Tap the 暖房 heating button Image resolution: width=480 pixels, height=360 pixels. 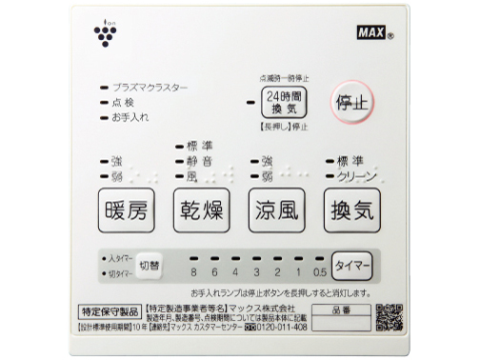[126, 209]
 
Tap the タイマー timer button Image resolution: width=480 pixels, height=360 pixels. [350, 264]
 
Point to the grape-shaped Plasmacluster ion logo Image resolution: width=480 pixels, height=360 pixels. [103, 35]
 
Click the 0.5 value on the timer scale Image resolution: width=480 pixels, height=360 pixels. [317, 270]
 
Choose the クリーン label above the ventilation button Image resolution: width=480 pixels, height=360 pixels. [352, 175]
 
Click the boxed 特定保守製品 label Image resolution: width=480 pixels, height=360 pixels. [109, 310]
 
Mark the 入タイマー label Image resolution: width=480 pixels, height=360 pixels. [119, 258]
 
